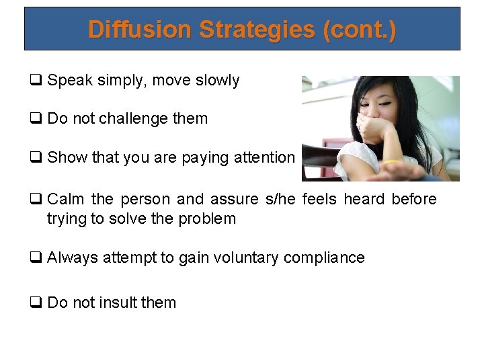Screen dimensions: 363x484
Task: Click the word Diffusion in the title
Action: pos(137,30)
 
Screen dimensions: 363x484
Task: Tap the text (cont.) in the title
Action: pos(359,30)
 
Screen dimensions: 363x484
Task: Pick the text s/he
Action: pos(282,199)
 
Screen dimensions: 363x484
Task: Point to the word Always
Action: pos(71,257)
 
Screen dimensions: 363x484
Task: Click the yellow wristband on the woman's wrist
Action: pos(391,162)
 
